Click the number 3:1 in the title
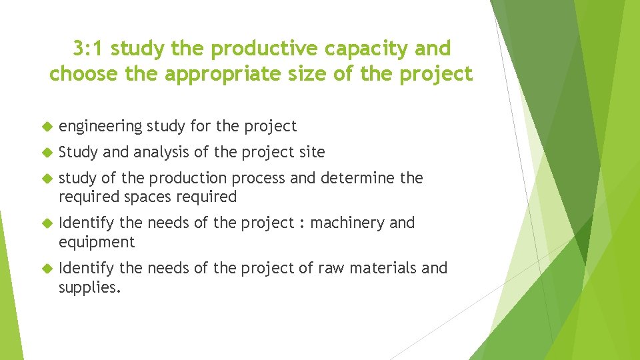coord(88,49)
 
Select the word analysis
coord(161,152)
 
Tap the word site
coord(312,152)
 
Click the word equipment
coord(96,242)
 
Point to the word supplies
coord(89,287)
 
